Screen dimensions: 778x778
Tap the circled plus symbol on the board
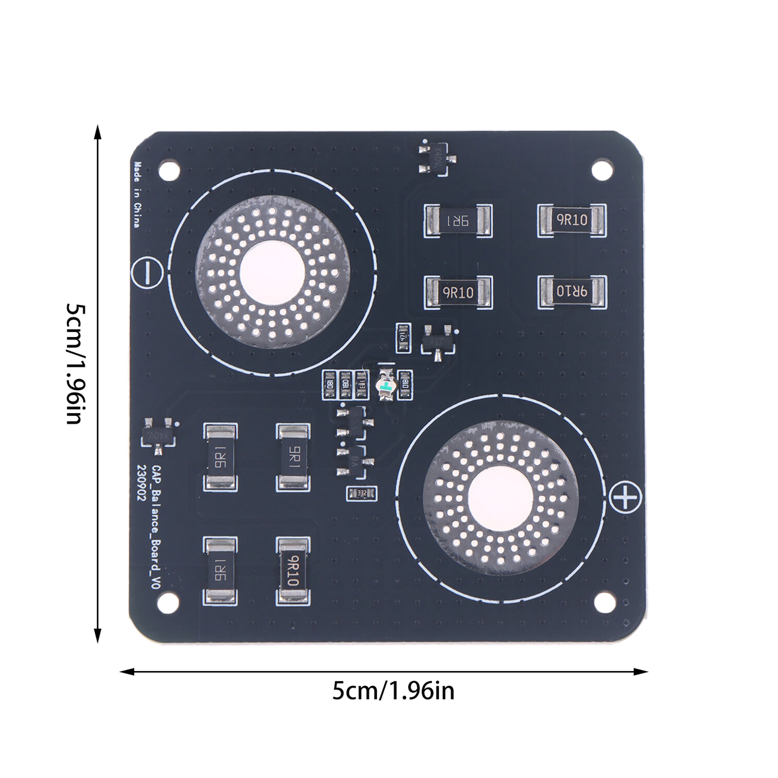tap(625, 496)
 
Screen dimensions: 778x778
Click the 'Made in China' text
tap(137, 194)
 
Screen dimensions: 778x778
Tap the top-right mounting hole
tap(601, 170)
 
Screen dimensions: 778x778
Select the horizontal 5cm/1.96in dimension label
tap(393, 691)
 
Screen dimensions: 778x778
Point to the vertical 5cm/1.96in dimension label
tap(76, 364)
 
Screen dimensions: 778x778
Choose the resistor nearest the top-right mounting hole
tap(571, 220)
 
